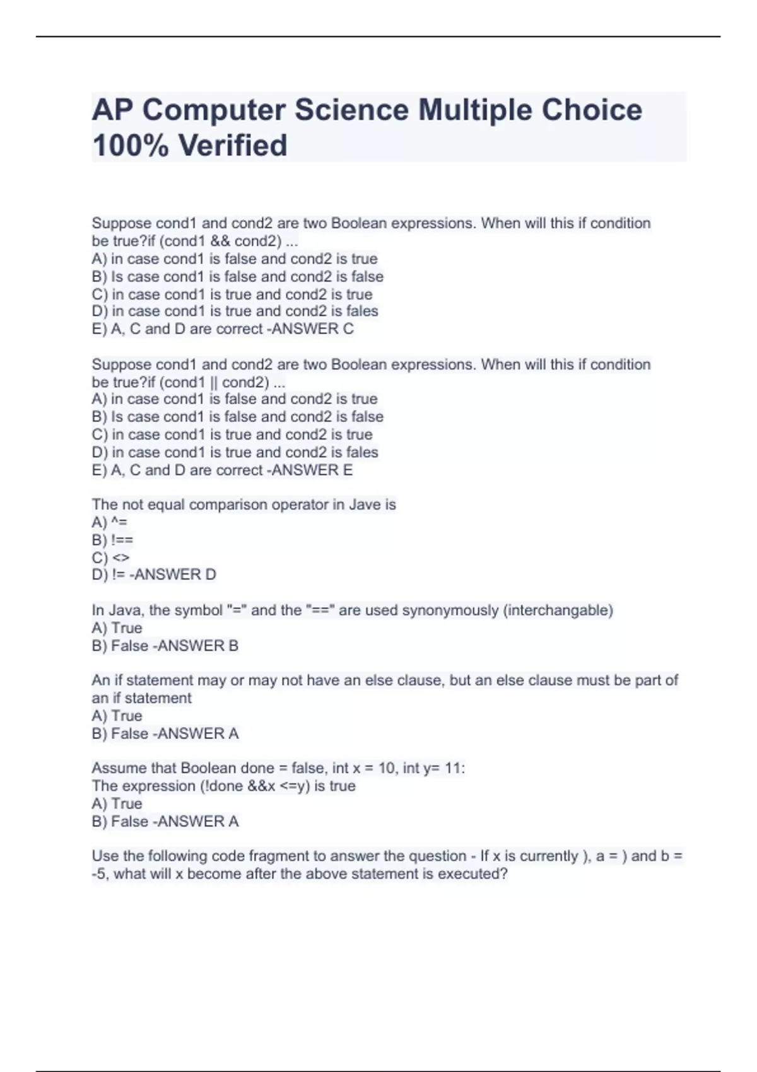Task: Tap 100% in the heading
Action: coord(129,145)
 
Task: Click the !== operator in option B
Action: coord(122,540)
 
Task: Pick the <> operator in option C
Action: coord(120,557)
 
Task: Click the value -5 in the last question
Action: coord(100,873)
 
